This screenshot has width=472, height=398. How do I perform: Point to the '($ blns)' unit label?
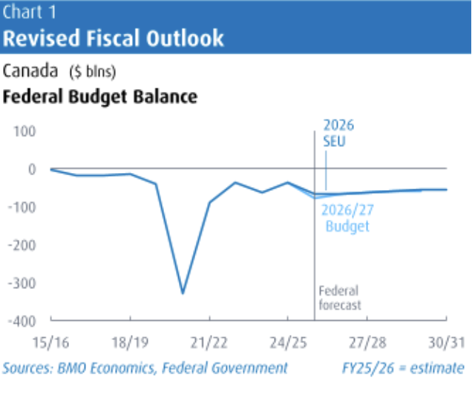tap(92, 72)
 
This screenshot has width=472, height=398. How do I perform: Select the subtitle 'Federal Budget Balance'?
tap(100, 97)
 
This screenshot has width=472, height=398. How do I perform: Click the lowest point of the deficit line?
tap(183, 293)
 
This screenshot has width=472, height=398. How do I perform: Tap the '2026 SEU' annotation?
tap(335, 131)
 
